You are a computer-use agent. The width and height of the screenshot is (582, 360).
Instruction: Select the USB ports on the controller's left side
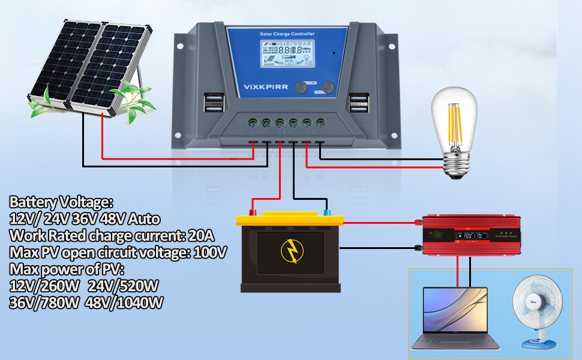(212, 103)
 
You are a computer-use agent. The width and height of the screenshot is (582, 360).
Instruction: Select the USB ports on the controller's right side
(359, 103)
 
